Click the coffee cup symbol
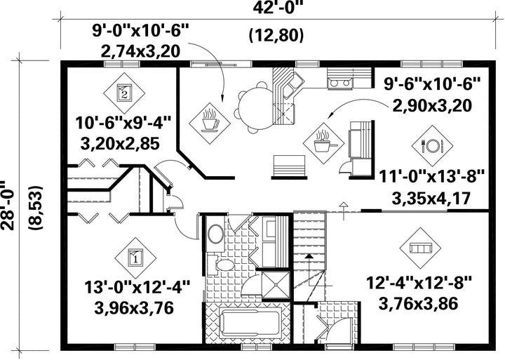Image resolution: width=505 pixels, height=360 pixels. pyautogui.click(x=210, y=123)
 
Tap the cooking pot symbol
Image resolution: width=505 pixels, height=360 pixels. pyautogui.click(x=323, y=143)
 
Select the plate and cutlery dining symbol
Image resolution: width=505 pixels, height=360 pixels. pyautogui.click(x=432, y=146)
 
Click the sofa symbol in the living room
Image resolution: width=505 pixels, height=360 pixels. pyautogui.click(x=420, y=248)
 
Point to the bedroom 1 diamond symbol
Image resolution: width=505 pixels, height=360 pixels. pyautogui.click(x=135, y=258)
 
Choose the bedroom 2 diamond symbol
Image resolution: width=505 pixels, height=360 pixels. pyautogui.click(x=124, y=93)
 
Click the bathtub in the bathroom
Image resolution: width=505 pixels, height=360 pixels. pyautogui.click(x=250, y=323)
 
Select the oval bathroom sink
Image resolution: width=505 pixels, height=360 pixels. pyautogui.click(x=216, y=234)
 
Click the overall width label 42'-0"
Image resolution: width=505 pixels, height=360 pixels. pyautogui.click(x=278, y=8)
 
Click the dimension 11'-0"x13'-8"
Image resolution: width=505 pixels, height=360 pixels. pyautogui.click(x=432, y=178)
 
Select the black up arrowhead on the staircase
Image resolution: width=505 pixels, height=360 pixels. pyautogui.click(x=309, y=257)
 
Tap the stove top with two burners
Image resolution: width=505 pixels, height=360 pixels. pyautogui.click(x=340, y=83)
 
